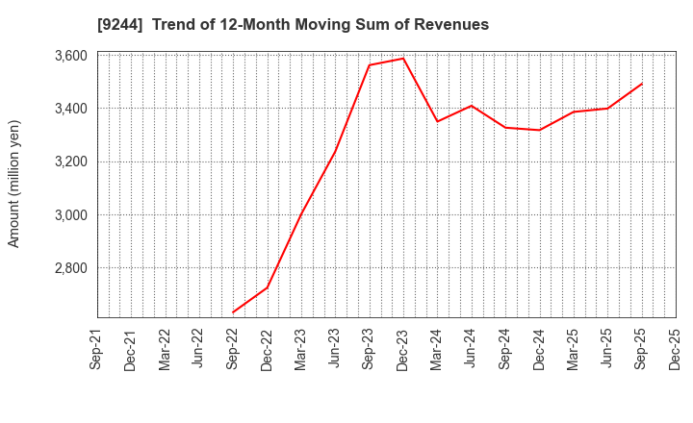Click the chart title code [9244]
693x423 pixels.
[x=120, y=25]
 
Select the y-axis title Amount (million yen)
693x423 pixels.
[x=14, y=184]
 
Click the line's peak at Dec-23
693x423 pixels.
[x=403, y=59]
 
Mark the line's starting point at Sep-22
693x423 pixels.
[x=233, y=312]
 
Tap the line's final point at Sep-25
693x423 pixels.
[x=642, y=84]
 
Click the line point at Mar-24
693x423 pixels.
[x=438, y=121]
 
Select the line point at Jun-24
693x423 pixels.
[x=472, y=106]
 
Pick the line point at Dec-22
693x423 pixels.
[x=268, y=287]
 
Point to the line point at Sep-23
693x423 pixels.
[x=370, y=65]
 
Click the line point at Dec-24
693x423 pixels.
[x=540, y=130]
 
